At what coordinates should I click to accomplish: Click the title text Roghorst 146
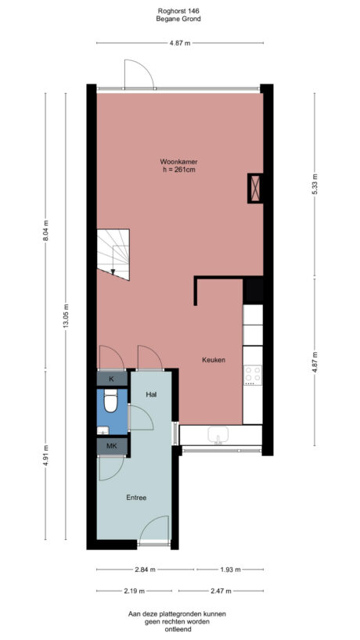[179, 10]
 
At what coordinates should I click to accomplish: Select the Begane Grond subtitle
[179, 19]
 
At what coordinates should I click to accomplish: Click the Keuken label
[214, 360]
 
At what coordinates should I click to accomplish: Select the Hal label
[152, 395]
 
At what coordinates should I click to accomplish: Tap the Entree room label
[136, 497]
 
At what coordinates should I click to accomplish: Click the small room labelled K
[111, 379]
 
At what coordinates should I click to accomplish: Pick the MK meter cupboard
[111, 446]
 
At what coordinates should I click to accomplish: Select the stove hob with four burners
[252, 375]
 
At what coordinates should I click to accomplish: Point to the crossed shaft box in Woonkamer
[254, 188]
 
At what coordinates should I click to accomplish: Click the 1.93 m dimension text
[229, 569]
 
